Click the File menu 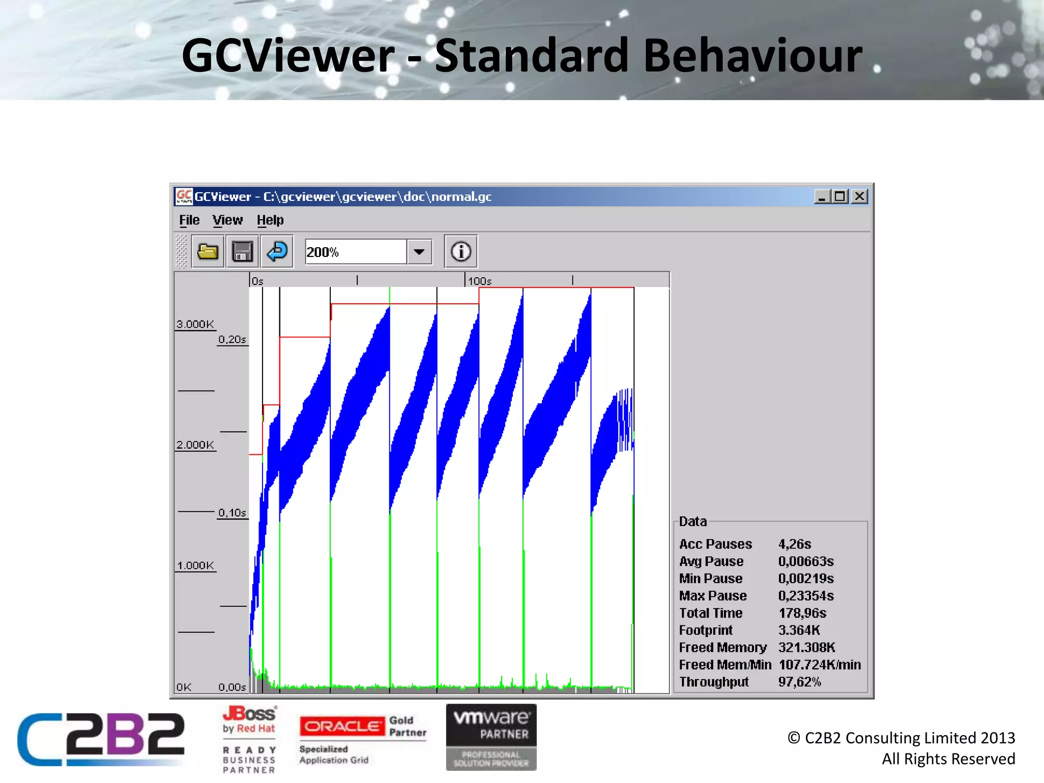tap(189, 220)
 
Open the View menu tap(227, 220)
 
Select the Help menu tap(270, 220)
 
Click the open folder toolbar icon tap(208, 252)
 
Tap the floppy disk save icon tap(242, 252)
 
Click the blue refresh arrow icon tap(277, 252)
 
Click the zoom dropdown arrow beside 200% tap(419, 252)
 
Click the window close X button tap(859, 197)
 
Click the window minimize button tap(821, 197)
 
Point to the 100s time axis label tap(480, 281)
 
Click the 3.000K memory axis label tap(195, 324)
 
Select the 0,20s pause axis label tap(232, 340)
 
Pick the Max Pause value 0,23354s tap(806, 596)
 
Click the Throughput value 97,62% tap(799, 682)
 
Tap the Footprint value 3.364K tap(799, 631)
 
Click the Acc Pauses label tap(715, 544)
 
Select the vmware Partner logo tap(491, 737)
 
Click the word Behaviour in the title tap(753, 56)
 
